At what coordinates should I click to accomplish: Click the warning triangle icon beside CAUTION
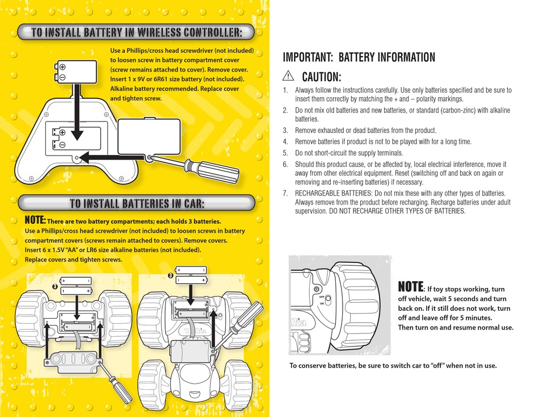coord(288,77)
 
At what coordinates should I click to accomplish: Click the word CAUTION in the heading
coord(321,77)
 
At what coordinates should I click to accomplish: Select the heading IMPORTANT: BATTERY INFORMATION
coord(359,57)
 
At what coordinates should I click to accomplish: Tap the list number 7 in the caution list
coord(285,193)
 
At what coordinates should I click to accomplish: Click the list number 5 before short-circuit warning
coord(285,153)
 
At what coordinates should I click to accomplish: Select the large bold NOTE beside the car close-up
coord(410,286)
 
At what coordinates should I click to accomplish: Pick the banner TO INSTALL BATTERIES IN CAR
coord(136,203)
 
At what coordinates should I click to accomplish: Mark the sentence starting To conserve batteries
coord(393,365)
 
